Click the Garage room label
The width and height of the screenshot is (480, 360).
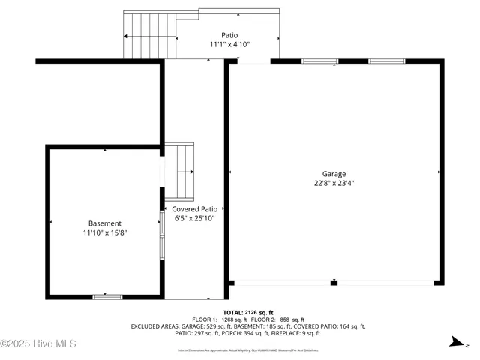click(x=334, y=174)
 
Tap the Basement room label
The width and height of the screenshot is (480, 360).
click(x=105, y=223)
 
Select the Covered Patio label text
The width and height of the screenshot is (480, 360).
click(x=194, y=209)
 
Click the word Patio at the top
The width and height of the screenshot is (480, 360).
click(x=229, y=35)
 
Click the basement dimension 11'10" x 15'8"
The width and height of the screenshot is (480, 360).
click(x=105, y=232)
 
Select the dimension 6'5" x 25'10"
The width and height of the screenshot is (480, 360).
click(x=194, y=218)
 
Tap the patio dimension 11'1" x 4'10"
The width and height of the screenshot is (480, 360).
click(x=229, y=44)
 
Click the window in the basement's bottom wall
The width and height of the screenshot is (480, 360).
click(x=107, y=297)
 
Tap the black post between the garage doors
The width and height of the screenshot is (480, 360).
click(x=334, y=283)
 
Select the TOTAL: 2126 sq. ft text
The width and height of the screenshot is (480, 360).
click(x=248, y=312)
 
